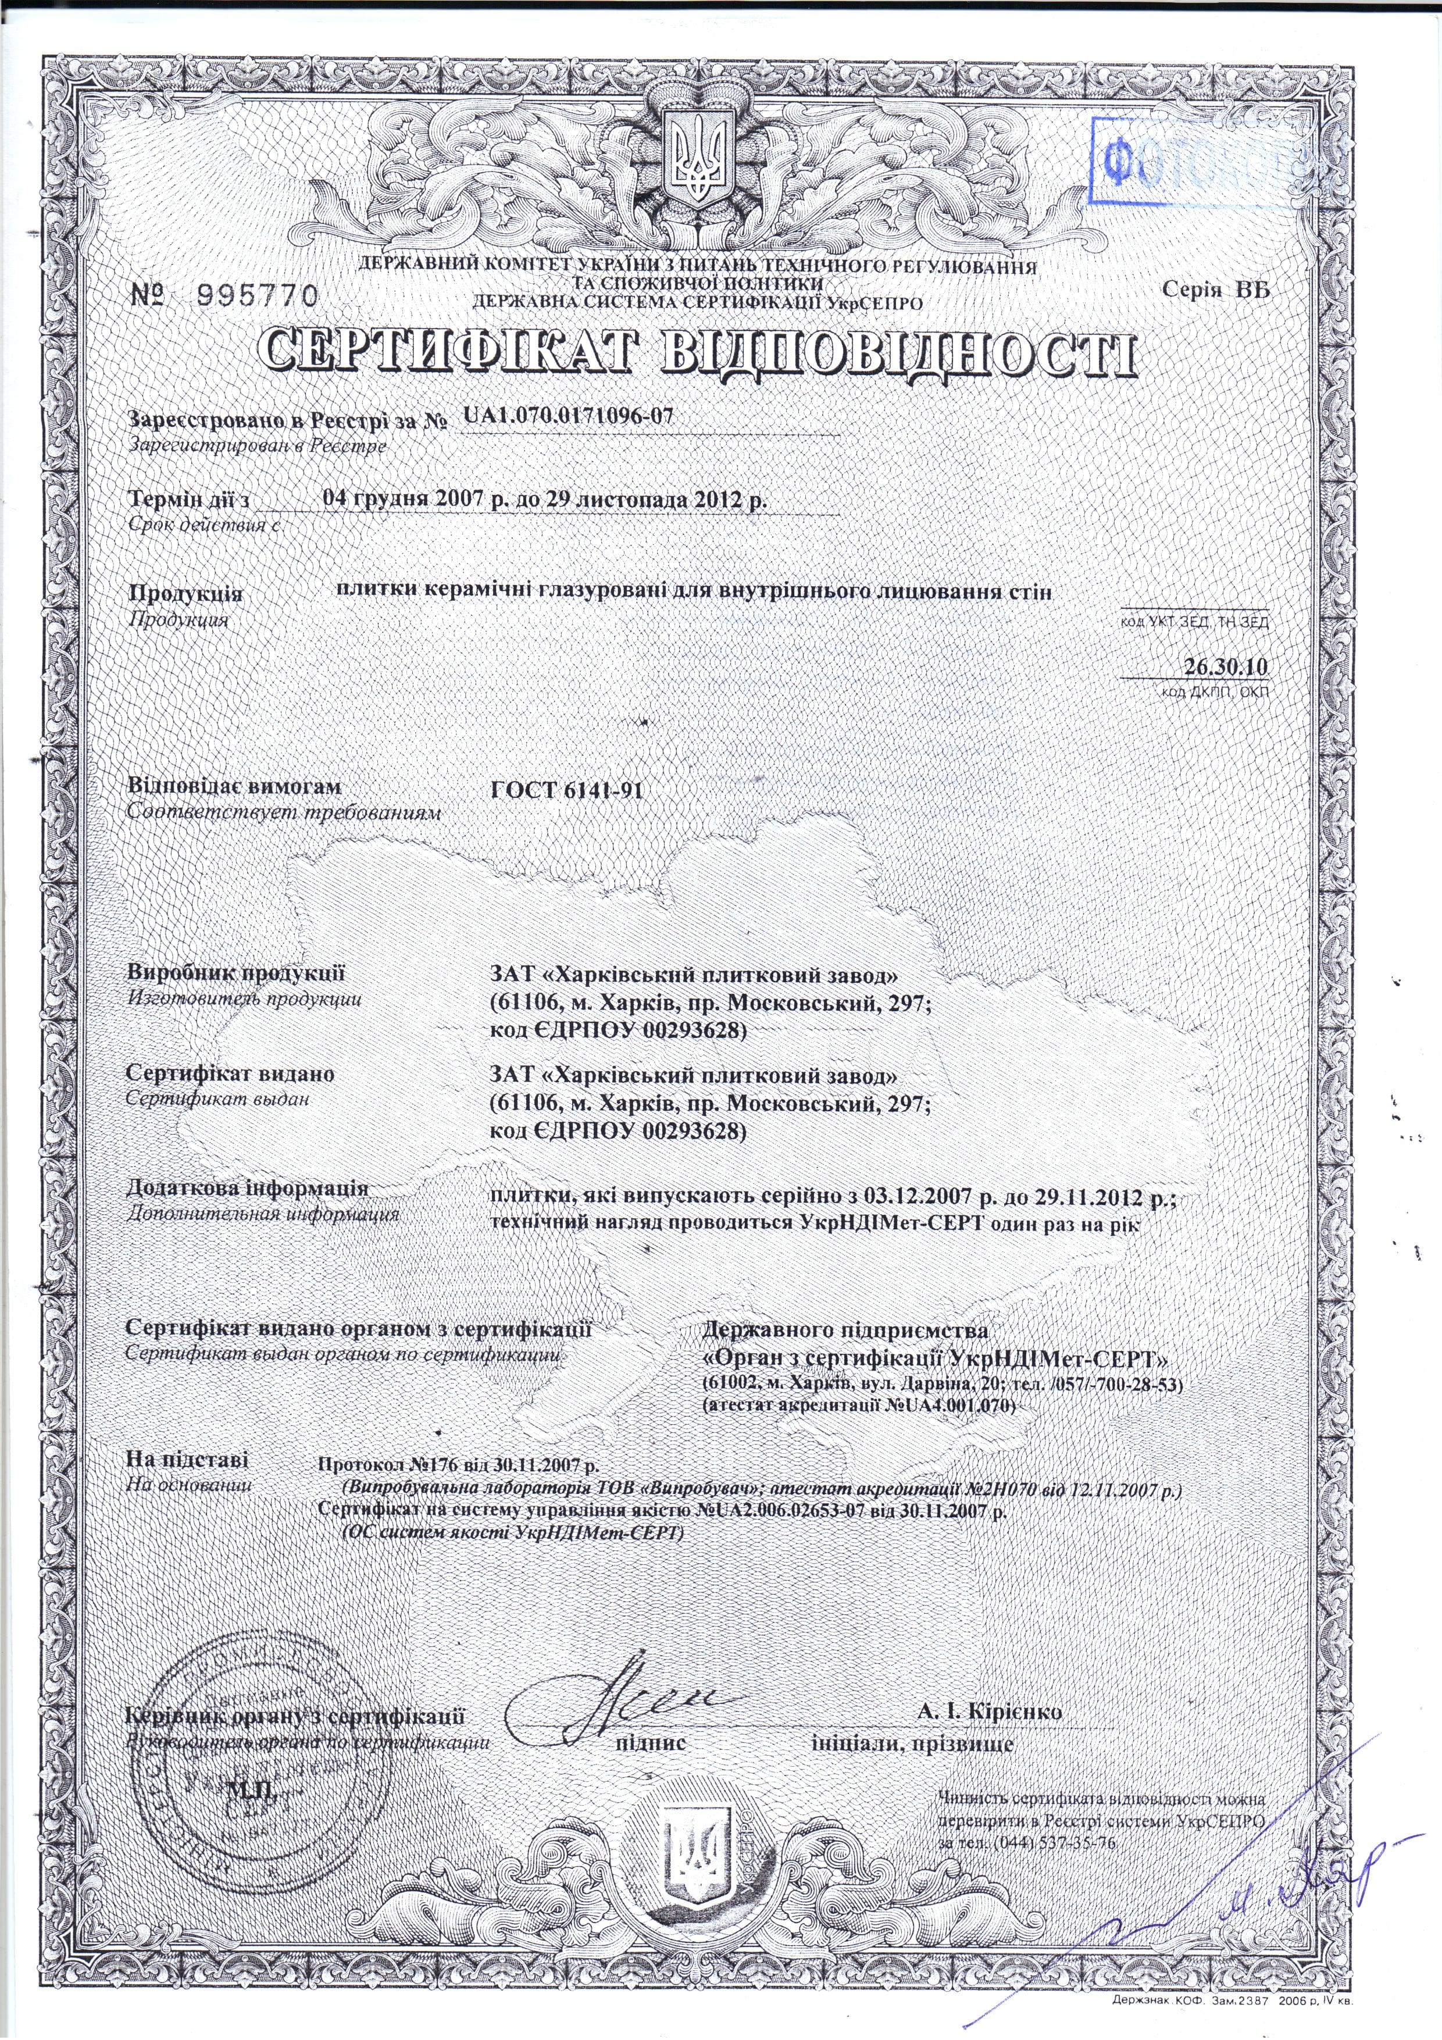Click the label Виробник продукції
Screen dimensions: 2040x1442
[235, 974]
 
